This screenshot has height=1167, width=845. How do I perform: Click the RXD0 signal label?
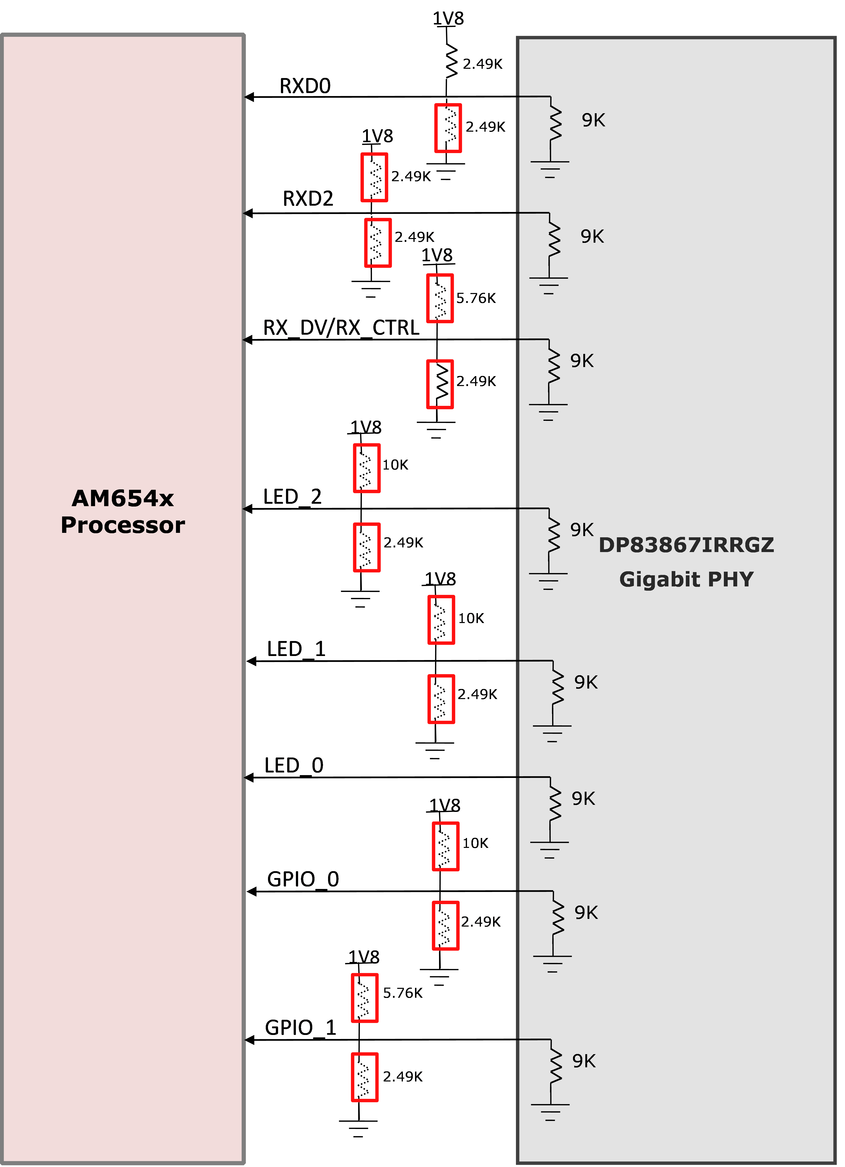click(x=305, y=86)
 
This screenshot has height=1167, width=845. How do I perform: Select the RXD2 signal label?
click(x=308, y=199)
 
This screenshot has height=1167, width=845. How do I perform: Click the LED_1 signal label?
click(x=296, y=649)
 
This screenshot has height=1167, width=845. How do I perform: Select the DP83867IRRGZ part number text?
click(x=686, y=545)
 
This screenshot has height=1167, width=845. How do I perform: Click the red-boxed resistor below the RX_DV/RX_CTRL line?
click(x=440, y=384)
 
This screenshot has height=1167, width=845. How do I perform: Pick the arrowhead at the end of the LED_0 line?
click(x=249, y=778)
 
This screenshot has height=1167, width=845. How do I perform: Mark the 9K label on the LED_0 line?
click(x=583, y=799)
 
